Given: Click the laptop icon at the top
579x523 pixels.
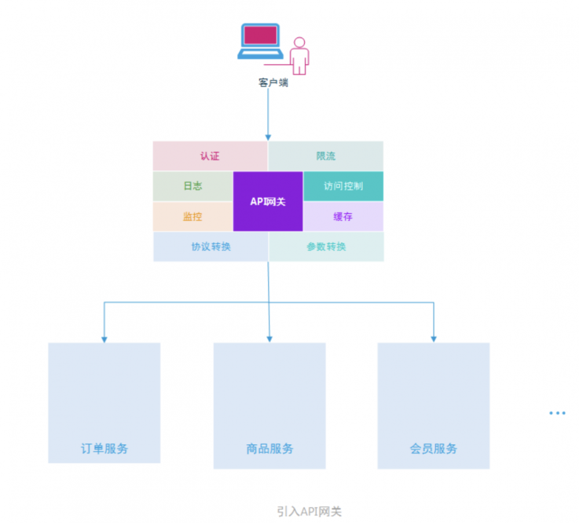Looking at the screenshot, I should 260,41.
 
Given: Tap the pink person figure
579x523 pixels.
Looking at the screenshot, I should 299,57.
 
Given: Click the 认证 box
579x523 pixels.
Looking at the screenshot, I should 210,156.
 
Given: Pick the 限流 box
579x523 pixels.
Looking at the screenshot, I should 325,156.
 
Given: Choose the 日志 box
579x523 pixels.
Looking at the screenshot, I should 193,186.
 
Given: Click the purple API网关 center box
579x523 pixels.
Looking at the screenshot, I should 267,202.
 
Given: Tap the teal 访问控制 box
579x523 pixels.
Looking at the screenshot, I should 343,186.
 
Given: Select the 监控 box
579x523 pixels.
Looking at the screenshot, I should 193,217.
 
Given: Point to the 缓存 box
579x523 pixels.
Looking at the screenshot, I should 343,217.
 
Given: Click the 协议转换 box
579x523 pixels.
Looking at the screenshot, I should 211,247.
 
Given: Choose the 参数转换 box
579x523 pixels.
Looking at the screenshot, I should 326,247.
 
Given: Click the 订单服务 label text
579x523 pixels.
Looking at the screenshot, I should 104,448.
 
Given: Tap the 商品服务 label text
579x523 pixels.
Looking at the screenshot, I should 270,448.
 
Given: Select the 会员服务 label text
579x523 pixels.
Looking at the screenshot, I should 434,448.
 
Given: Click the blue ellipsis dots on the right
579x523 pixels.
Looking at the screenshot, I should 557,413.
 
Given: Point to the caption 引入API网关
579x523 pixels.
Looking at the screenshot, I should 309,511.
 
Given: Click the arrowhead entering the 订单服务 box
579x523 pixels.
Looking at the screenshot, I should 104,339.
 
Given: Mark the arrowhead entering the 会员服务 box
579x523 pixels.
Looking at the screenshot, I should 434,339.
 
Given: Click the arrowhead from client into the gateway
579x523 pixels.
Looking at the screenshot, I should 268,137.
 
